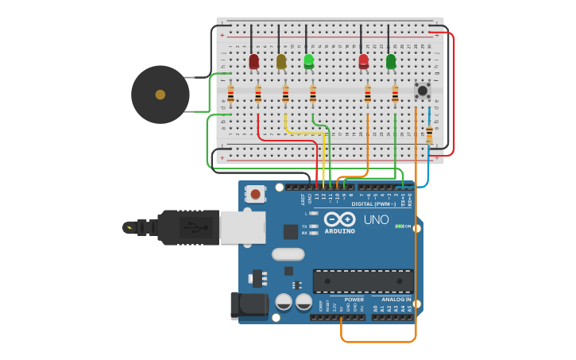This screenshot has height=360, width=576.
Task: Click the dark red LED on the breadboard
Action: [253, 61]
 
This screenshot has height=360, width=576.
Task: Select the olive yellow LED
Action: [280, 61]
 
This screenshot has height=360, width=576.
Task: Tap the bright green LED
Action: [308, 61]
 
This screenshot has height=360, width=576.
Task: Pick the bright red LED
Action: [363, 61]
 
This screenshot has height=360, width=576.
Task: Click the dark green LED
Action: [390, 61]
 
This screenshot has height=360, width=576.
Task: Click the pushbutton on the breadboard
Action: [423, 90]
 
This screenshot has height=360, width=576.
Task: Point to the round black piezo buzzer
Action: [160, 95]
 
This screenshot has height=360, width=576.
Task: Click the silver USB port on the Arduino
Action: [242, 227]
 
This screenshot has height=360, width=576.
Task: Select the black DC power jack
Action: [249, 305]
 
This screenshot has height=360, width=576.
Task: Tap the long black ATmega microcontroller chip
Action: [362, 281]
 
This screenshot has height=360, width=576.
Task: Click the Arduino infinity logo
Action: [339, 220]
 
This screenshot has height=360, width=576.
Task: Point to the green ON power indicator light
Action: [399, 226]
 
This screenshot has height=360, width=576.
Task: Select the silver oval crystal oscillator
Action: [288, 254]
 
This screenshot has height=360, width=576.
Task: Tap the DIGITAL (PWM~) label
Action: [370, 203]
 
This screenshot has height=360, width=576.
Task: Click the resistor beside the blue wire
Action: [429, 134]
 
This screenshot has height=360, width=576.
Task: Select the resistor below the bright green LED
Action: [312, 95]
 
